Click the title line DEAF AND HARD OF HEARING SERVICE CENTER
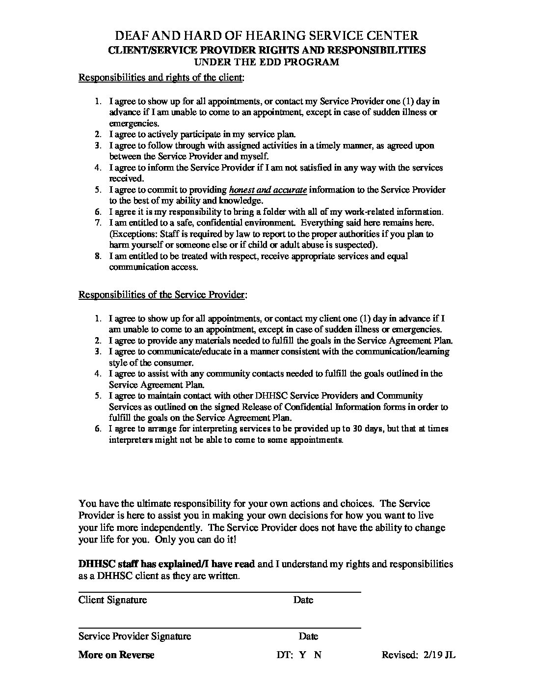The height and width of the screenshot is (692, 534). tap(267, 35)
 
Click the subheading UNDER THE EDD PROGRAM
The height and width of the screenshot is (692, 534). tap(267, 62)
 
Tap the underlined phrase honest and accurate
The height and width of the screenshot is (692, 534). tap(268, 190)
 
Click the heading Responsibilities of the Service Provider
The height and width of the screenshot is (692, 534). tap(162, 295)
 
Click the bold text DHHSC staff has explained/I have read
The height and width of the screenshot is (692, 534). tap(166, 564)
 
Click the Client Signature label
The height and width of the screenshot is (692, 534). tap(112, 600)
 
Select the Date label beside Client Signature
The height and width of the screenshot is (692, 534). tap(303, 600)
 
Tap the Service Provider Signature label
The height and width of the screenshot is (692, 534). tap(134, 636)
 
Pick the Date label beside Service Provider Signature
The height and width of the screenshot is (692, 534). tap(308, 636)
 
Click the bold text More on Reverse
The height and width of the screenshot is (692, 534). tap(116, 655)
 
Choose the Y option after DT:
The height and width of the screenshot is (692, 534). tap(302, 655)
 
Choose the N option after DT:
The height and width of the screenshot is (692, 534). tap(318, 655)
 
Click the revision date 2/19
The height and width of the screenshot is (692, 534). tap(430, 655)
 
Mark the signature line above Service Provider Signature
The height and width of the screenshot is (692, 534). tap(219, 628)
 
